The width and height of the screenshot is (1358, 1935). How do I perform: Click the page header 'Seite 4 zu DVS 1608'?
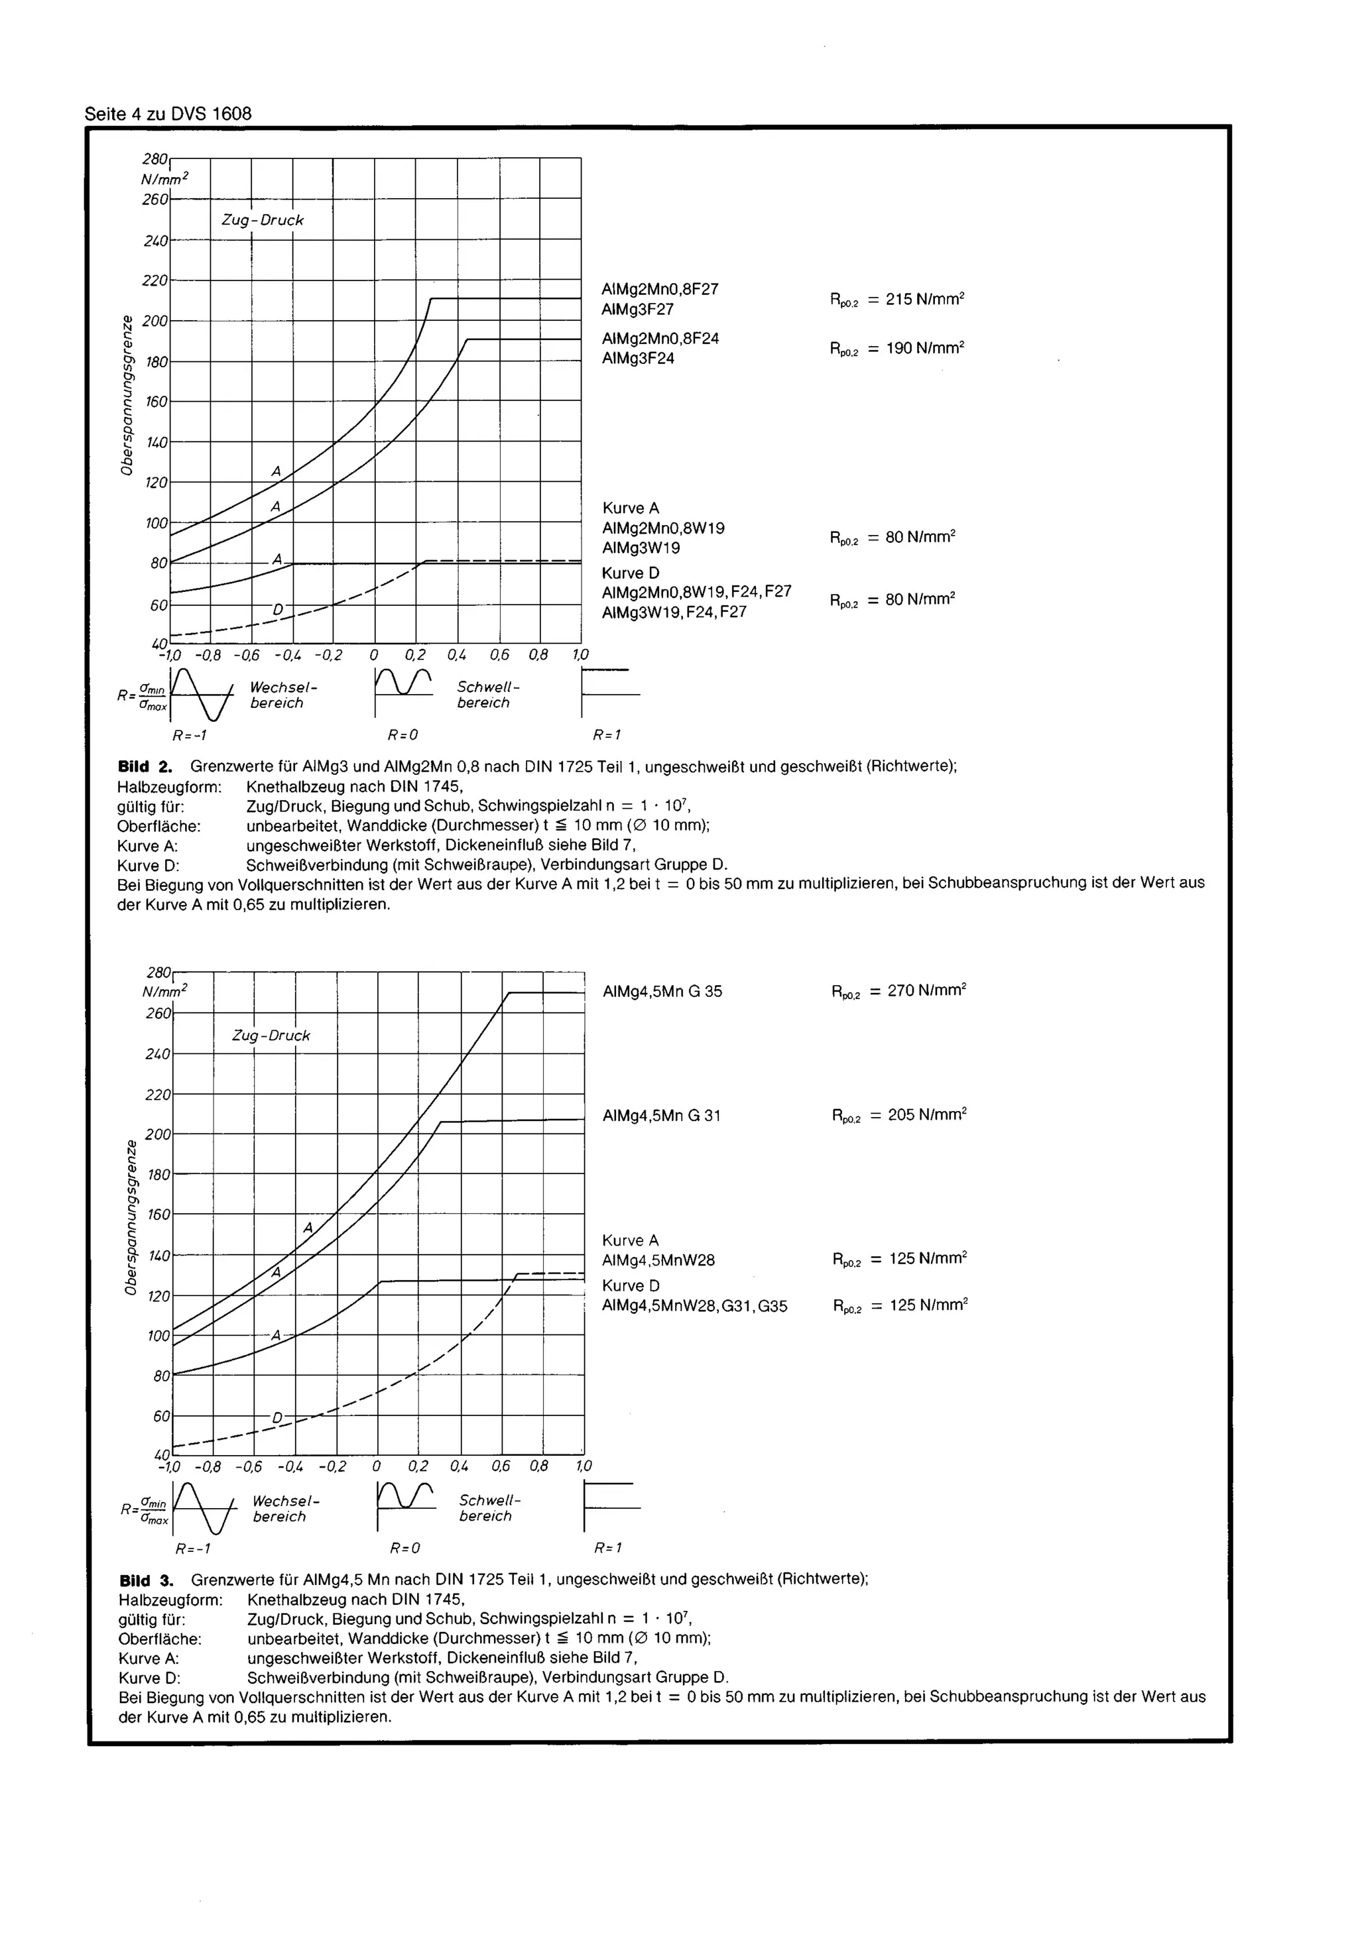[168, 114]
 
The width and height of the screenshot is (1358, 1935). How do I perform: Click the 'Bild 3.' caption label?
[146, 1580]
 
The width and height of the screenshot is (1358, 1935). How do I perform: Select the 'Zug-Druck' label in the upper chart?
[262, 220]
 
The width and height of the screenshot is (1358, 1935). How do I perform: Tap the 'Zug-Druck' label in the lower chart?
[271, 1035]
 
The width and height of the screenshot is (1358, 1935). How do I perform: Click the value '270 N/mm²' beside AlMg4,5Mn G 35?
[926, 990]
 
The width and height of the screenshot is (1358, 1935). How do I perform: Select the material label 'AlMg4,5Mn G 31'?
[662, 1116]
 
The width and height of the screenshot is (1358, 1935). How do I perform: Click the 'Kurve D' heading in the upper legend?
[631, 573]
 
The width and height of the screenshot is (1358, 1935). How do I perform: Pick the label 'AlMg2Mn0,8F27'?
[660, 289]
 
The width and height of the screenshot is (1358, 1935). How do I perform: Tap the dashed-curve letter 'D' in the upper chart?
[277, 609]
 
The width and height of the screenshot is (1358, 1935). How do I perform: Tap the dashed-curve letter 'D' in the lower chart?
[277, 1417]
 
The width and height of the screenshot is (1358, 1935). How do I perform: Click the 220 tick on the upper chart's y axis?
[155, 280]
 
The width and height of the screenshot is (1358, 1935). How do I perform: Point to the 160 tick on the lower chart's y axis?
[158, 1214]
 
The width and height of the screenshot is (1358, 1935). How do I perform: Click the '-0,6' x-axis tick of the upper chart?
[246, 655]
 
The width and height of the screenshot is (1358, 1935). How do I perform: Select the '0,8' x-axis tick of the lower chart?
[540, 1466]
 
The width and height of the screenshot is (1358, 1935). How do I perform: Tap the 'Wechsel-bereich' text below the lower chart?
[286, 1509]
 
